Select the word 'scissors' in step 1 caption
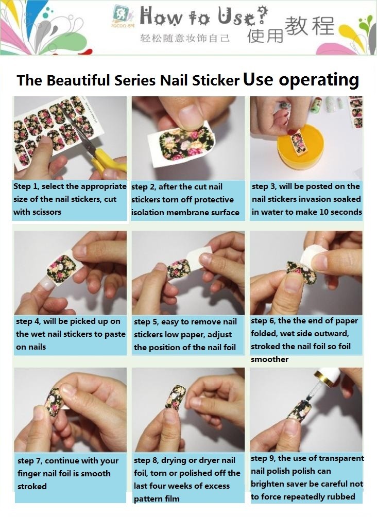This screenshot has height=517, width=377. point(46,212)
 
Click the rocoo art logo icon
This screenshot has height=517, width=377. point(119,14)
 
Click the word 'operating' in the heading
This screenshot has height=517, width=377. point(319,80)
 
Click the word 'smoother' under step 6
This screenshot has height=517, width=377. point(269,359)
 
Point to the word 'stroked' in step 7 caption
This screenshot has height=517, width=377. point(32,486)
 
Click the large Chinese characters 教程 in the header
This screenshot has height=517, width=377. point(309,25)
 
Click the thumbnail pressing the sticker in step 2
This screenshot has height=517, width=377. point(191,113)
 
